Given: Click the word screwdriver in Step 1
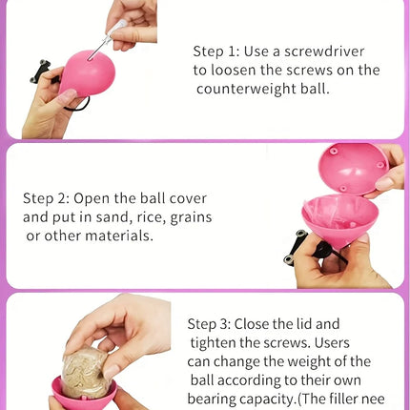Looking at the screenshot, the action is click(x=324, y=51).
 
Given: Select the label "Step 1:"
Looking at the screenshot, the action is click(x=216, y=51).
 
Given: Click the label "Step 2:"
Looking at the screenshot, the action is click(x=46, y=198).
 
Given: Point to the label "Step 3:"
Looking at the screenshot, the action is click(x=210, y=324).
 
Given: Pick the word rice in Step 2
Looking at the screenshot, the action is click(x=151, y=217).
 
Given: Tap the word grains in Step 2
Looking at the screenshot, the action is click(x=191, y=218).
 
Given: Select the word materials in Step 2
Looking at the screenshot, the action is click(x=119, y=236).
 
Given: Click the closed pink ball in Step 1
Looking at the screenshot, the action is click(x=87, y=73).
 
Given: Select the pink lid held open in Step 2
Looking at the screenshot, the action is click(x=354, y=169).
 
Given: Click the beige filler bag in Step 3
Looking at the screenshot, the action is click(x=85, y=373).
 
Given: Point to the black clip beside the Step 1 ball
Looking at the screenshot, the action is click(x=40, y=72).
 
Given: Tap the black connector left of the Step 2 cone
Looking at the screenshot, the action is click(x=294, y=247).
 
